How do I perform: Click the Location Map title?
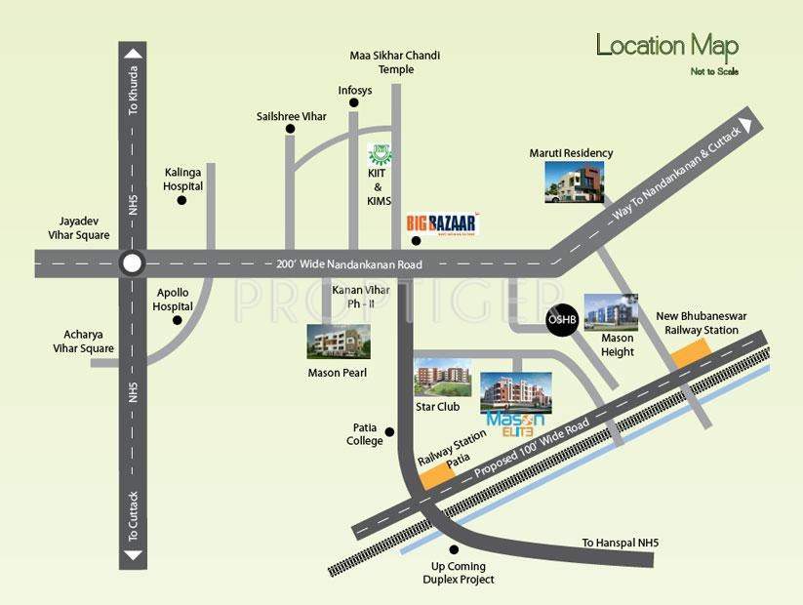[666, 46]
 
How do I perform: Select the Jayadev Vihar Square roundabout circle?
[132, 262]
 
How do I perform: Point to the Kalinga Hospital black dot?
[181, 201]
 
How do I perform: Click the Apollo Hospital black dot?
[178, 319]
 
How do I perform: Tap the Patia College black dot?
[389, 431]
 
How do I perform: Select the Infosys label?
[355, 91]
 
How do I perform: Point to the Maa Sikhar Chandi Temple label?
[395, 62]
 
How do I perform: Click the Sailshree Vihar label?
[290, 115]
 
